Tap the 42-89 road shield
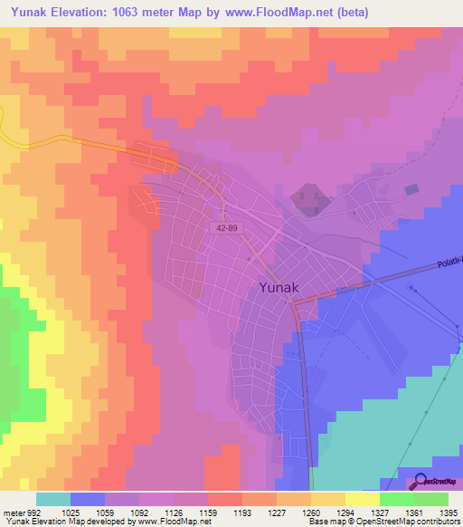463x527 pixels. tap(228, 231)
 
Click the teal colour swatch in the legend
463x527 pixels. tap(53, 499)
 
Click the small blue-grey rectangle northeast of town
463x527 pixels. tap(412, 189)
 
